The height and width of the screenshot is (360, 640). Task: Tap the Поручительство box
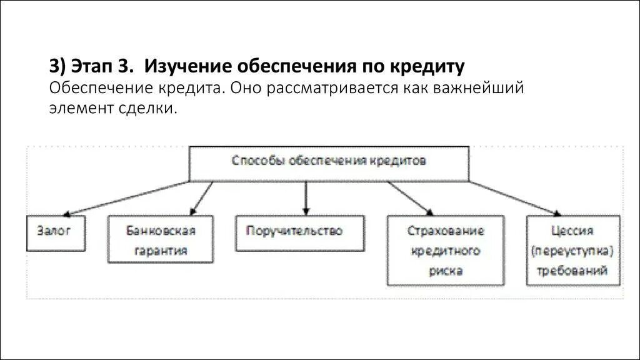coord(299,232)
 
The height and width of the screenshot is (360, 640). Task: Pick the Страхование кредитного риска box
coord(445,251)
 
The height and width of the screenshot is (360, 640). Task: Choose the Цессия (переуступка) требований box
coord(573,251)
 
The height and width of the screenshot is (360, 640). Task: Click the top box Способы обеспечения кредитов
coord(329,163)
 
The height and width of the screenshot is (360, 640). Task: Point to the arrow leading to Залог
coord(125,197)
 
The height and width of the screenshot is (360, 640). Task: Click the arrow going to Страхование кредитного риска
coord(409,198)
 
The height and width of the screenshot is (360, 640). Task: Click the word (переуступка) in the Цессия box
coord(573,251)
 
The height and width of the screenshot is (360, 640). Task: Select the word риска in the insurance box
coord(446,271)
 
